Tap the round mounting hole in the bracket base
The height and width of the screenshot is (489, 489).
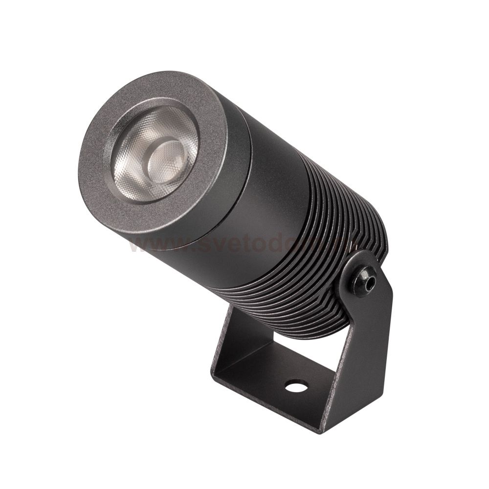295,386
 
